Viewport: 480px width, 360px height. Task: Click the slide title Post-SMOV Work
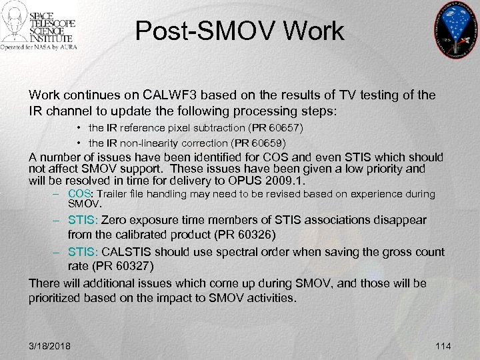coord(239,31)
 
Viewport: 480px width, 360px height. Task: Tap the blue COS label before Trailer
coord(80,194)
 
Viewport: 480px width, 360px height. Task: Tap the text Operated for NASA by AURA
coord(39,47)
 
